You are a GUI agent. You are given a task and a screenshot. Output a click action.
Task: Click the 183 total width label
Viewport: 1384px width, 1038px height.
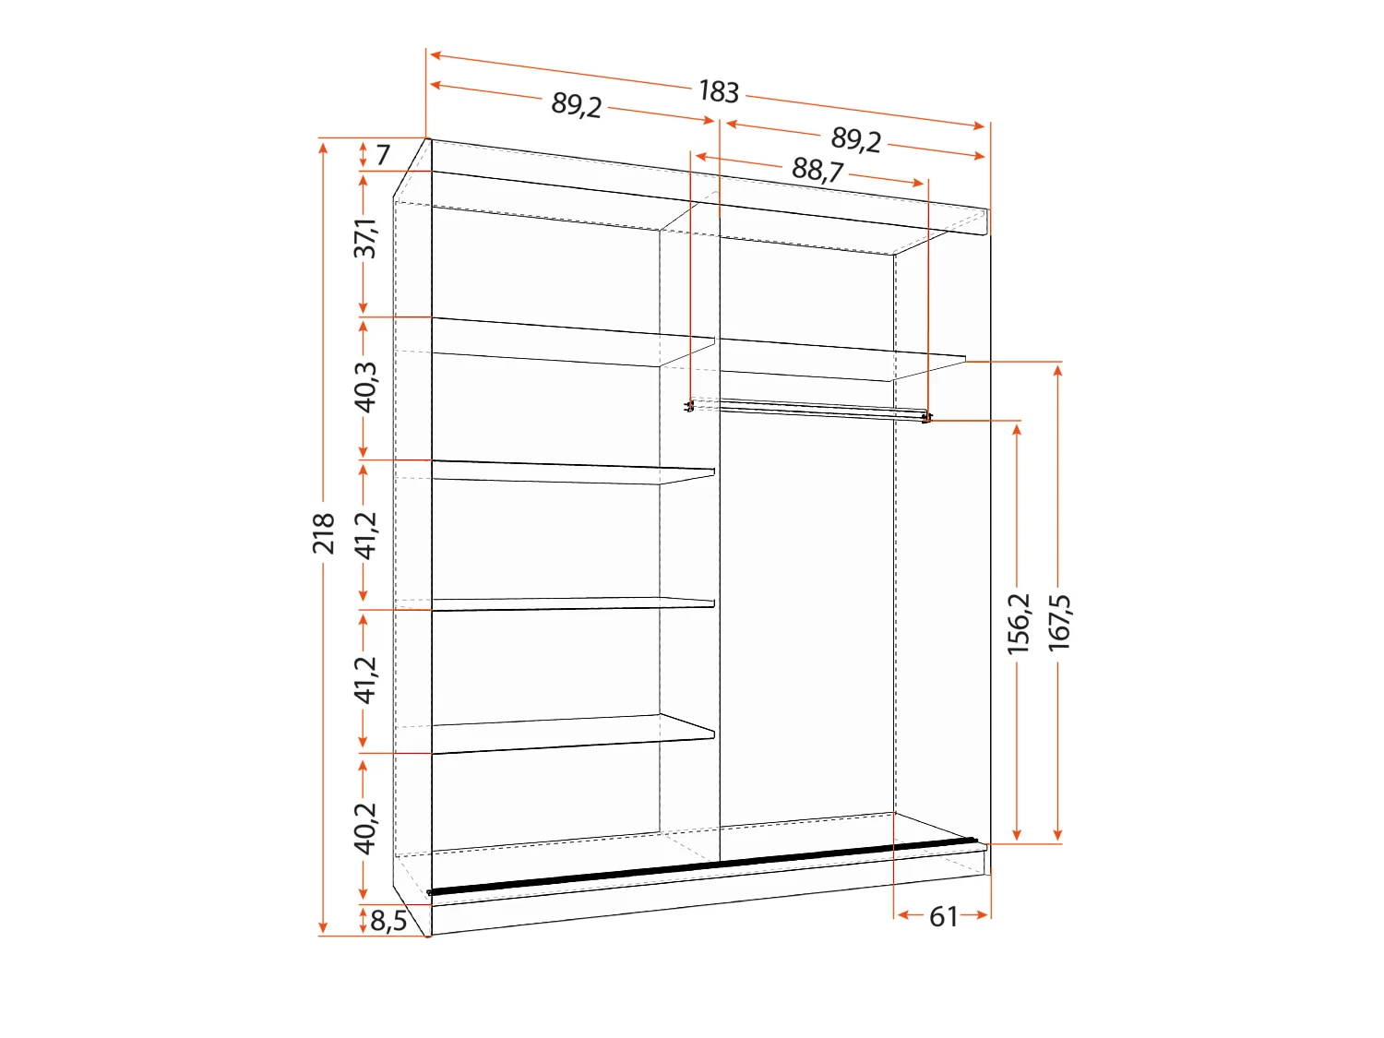pos(719,91)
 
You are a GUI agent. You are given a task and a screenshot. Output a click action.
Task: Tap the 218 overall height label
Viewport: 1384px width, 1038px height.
pos(323,534)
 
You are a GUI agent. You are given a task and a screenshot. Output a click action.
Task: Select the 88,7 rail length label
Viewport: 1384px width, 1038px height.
pos(817,170)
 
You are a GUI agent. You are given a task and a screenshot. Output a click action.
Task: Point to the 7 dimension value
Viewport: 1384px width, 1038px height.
pos(383,154)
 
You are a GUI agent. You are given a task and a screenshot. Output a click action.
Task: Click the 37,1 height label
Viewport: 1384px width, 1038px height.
pos(366,239)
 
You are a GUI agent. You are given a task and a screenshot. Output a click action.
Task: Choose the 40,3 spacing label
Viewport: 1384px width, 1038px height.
pos(366,386)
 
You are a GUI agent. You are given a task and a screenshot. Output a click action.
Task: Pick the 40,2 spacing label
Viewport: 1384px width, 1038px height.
pos(366,828)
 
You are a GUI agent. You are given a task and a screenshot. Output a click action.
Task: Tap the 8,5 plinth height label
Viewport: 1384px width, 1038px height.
pos(388,921)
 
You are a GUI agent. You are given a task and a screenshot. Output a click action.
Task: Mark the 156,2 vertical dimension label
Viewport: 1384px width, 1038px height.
pos(1019,624)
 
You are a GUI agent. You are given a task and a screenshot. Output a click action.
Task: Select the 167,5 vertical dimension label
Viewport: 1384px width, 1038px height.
pos(1059,624)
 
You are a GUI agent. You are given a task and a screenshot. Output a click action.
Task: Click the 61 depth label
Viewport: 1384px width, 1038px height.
pos(943,916)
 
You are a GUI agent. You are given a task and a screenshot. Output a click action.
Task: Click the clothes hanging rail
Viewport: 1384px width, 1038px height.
pos(812,408)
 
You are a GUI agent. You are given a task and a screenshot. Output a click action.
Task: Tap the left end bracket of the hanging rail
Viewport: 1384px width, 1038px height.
pos(689,406)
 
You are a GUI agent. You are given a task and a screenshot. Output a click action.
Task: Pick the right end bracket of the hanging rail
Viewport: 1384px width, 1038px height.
pos(926,419)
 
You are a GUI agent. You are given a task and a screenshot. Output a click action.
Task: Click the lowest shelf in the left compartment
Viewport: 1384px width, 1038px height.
pos(572,734)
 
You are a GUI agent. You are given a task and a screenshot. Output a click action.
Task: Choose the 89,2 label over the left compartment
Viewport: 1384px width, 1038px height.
pos(577,105)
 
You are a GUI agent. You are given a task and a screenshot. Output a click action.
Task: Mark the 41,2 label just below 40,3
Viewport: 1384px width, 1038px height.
pos(366,535)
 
